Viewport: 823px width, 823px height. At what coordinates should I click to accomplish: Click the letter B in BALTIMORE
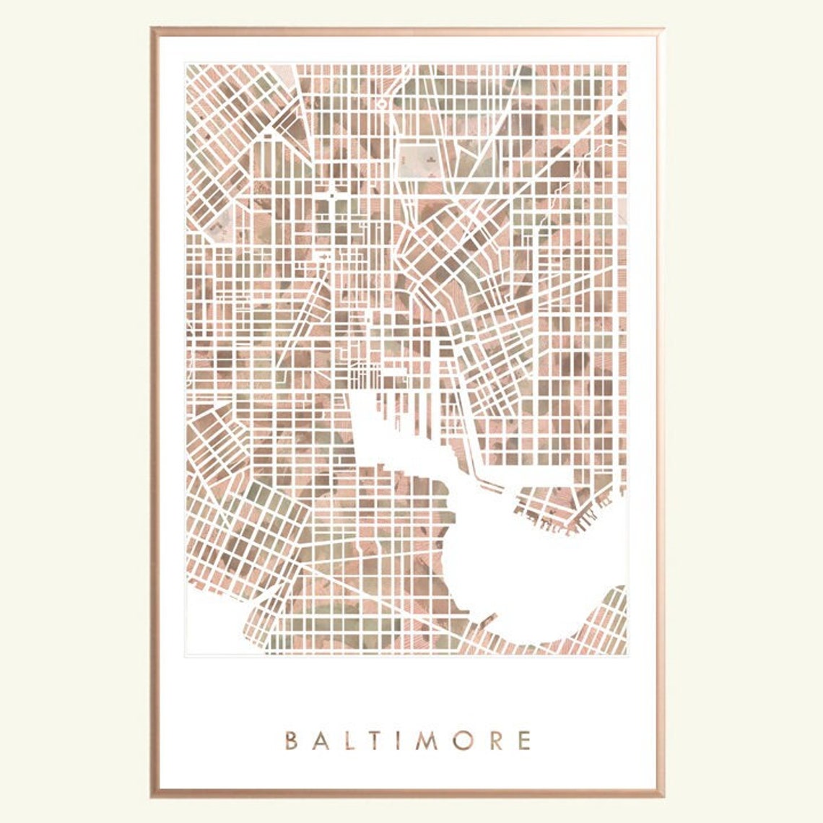point(291,741)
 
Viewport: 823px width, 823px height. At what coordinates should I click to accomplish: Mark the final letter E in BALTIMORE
point(526,741)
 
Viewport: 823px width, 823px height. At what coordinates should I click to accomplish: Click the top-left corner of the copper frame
point(154,31)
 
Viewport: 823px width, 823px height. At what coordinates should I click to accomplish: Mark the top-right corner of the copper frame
point(661,31)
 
